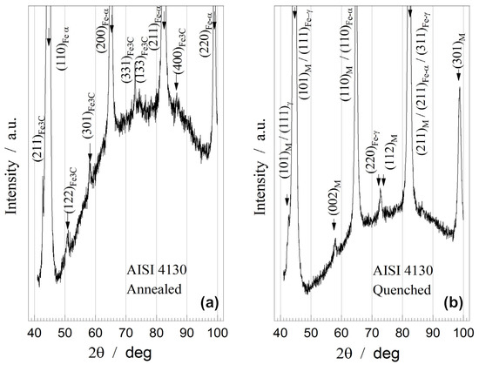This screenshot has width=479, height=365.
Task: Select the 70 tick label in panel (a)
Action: click(126, 332)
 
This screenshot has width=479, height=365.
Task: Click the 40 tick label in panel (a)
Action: click(35, 332)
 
